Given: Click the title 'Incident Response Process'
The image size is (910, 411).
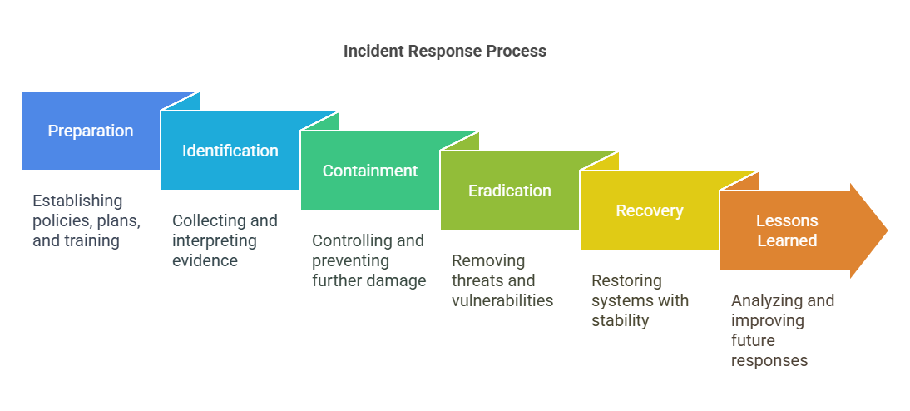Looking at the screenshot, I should (445, 51).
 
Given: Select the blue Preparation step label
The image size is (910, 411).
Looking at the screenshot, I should (90, 131).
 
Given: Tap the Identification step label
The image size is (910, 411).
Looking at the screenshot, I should (230, 151).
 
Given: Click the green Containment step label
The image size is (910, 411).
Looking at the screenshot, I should (370, 171).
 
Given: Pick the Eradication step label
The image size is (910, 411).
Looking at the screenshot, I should (509, 191).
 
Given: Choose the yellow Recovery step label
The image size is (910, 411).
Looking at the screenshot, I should (649, 210).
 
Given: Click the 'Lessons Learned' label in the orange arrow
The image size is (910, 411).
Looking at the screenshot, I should (786, 230).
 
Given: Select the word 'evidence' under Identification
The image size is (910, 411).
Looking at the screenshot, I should (205, 260).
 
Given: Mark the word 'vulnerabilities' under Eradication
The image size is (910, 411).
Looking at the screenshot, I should (502, 300).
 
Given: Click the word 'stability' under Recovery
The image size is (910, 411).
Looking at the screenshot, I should (620, 320).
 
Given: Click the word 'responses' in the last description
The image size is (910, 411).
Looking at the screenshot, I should (769, 360).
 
